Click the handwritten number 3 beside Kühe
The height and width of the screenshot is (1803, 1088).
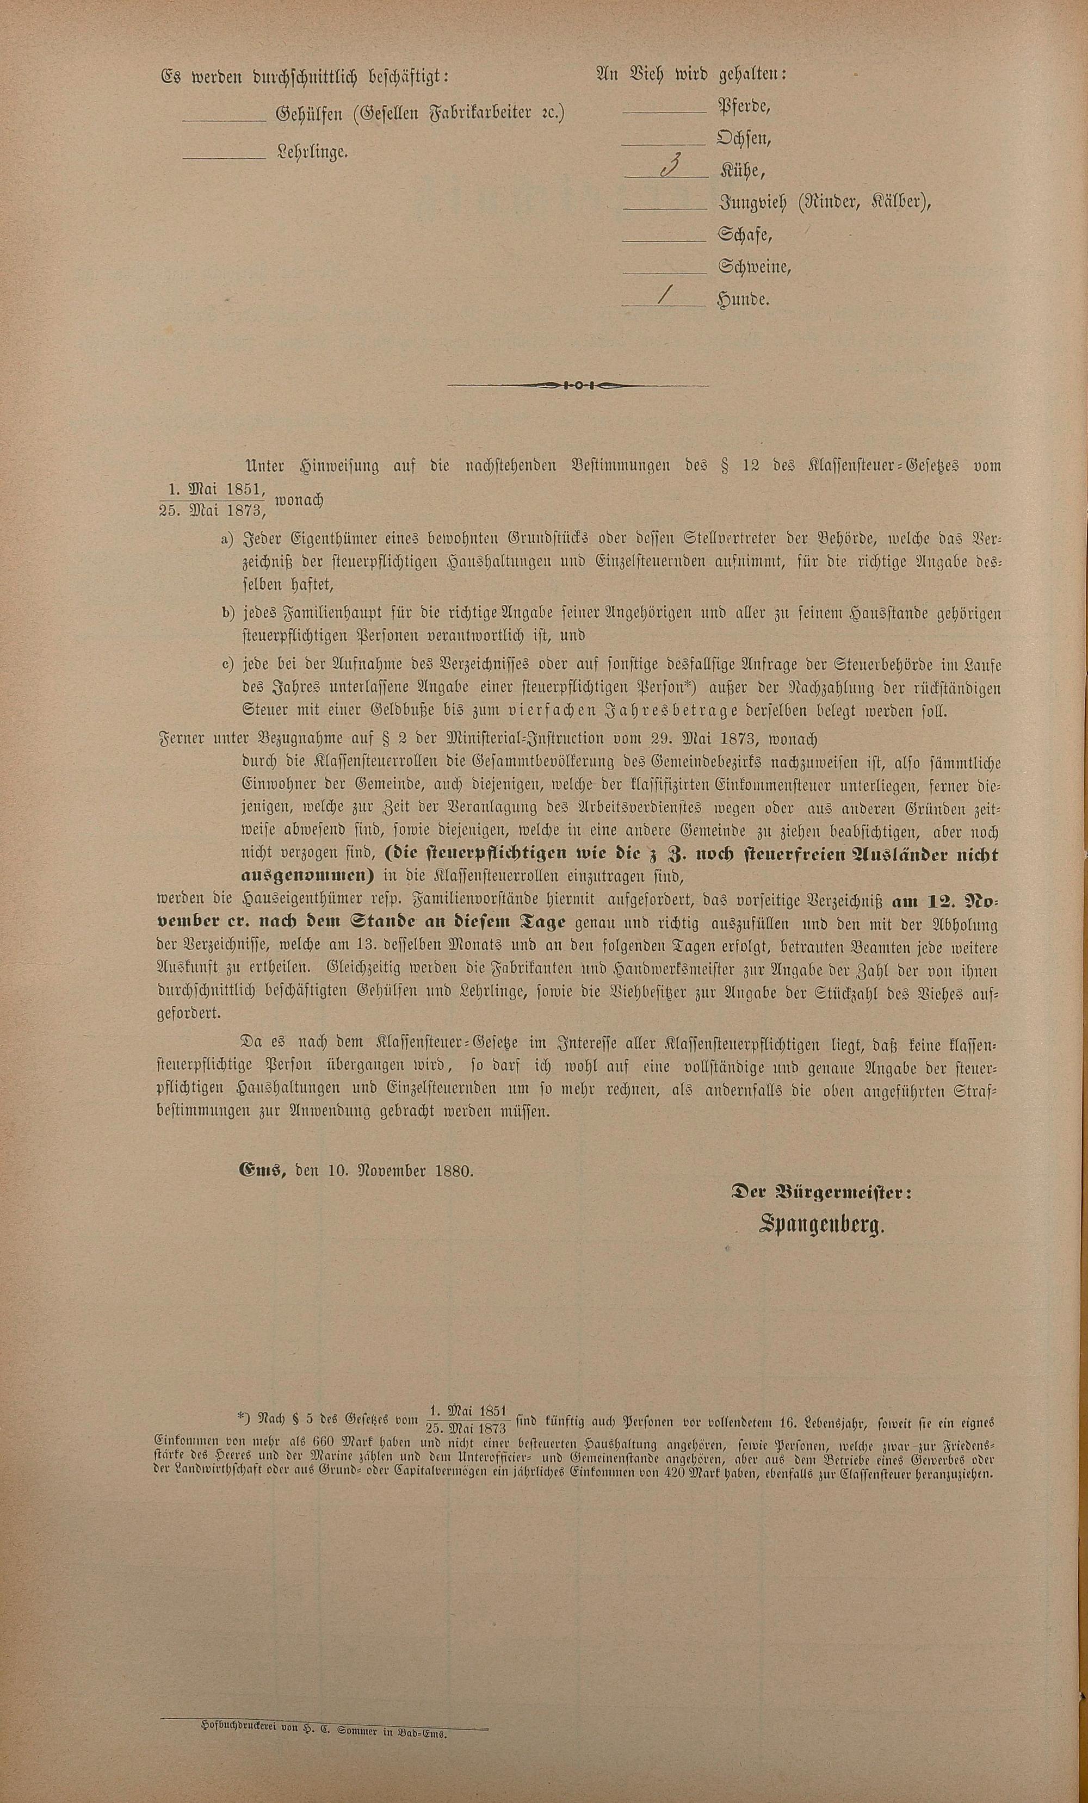pyautogui.click(x=667, y=168)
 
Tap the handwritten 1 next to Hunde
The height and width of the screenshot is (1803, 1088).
pyautogui.click(x=665, y=296)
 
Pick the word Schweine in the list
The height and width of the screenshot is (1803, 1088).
pyautogui.click(x=753, y=267)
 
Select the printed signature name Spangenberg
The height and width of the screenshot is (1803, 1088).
pyautogui.click(x=821, y=1226)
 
